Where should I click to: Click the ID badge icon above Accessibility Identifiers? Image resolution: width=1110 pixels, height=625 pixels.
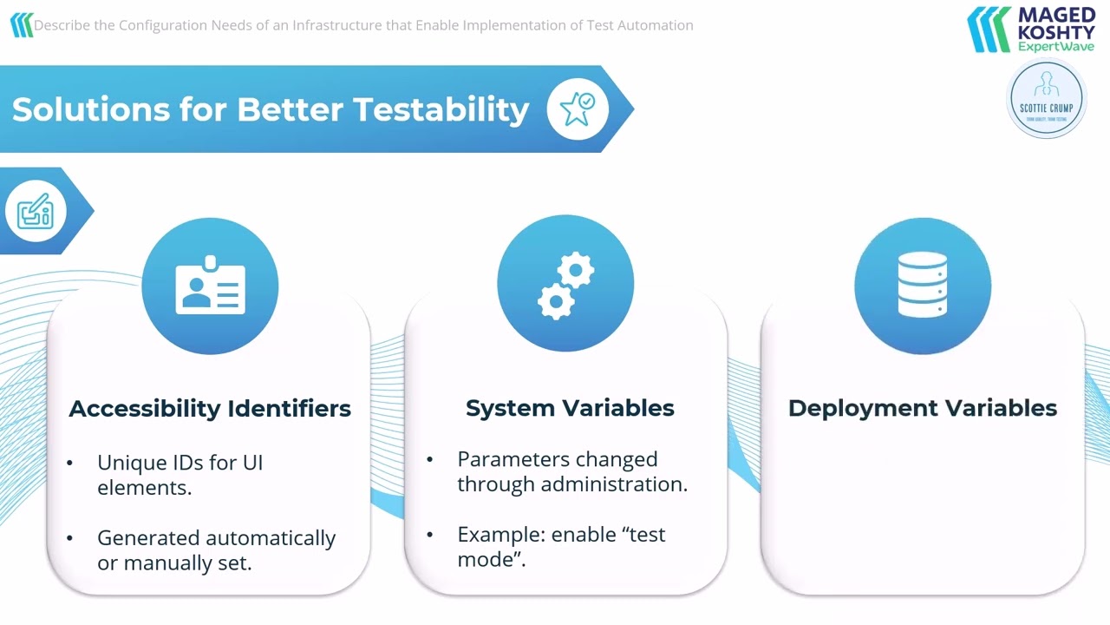pos(210,286)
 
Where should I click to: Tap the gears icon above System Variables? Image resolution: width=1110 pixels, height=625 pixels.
pos(565,286)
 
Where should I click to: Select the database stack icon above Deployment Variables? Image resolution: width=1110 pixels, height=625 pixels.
pos(922,286)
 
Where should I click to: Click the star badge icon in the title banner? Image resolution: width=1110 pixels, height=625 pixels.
pos(578,109)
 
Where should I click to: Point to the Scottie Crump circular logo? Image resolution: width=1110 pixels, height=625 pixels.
pos(1047,99)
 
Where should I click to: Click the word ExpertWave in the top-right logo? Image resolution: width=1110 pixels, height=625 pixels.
pos(1055,47)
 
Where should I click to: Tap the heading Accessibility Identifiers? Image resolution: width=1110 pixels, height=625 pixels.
pos(210,408)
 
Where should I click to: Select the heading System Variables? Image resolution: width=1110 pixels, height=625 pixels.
pos(570,408)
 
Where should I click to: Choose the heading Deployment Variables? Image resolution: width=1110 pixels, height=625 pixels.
pos(922,408)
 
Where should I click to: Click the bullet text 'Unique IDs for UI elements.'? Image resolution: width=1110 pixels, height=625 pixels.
pos(180,475)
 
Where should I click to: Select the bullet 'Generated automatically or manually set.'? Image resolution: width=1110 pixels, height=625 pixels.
pos(216,549)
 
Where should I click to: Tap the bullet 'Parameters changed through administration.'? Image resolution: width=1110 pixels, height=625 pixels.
pos(571,471)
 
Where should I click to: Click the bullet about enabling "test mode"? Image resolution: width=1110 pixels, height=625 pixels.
pos(561,546)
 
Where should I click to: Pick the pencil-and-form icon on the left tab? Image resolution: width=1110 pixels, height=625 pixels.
pos(36,211)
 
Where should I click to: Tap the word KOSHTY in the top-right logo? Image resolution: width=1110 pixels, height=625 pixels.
pos(1055,32)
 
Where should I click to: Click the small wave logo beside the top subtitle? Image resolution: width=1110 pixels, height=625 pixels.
pos(21,25)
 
